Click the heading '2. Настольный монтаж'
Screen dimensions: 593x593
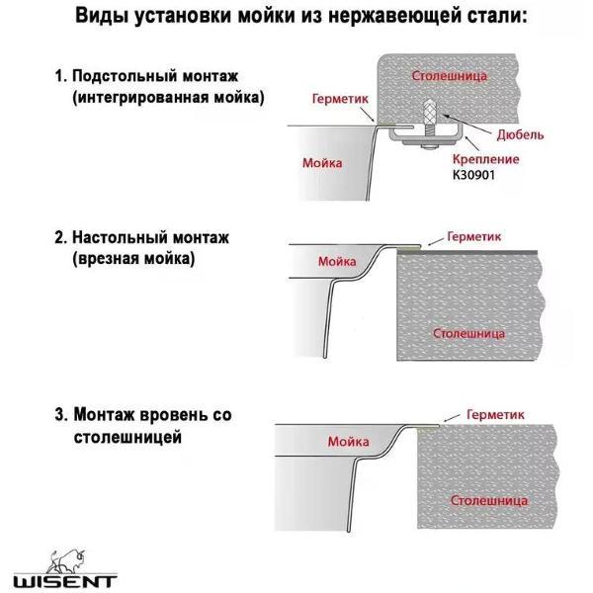tap(142, 238)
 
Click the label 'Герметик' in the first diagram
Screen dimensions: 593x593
tap(339, 100)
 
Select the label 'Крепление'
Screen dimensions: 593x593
tap(484, 158)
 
